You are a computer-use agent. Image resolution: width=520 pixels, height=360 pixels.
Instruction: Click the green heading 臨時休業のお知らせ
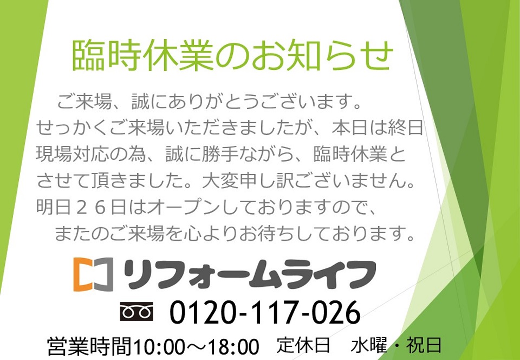pyautogui.click(x=232, y=55)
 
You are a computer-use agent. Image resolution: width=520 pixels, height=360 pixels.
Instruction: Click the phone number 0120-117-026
pyautogui.click(x=265, y=312)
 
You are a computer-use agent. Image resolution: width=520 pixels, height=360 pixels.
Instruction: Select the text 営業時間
pyautogui.click(x=89, y=346)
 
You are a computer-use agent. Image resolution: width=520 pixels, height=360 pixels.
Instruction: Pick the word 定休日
pyautogui.click(x=303, y=345)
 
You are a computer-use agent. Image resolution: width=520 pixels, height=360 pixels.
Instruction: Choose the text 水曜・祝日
pyautogui.click(x=396, y=345)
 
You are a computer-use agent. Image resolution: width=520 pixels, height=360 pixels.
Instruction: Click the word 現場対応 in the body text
pyautogui.click(x=73, y=155)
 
